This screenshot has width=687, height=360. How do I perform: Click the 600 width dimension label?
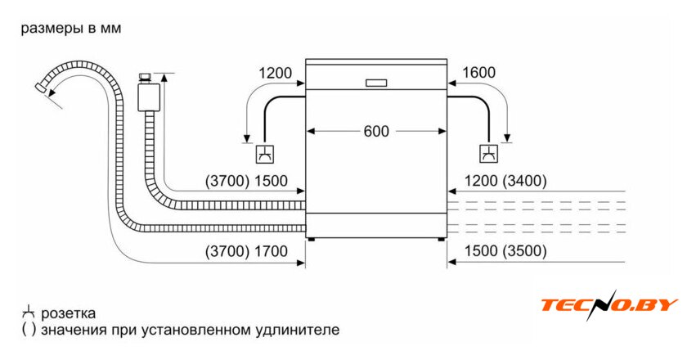[377, 131]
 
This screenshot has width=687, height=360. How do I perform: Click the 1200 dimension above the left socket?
[276, 73]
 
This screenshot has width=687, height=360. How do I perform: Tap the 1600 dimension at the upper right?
[478, 73]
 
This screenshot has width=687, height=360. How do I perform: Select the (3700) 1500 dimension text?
[245, 182]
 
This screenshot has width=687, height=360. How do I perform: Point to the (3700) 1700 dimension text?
[245, 251]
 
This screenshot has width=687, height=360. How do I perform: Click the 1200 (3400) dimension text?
[505, 182]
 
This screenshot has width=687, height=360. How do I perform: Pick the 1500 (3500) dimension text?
[505, 251]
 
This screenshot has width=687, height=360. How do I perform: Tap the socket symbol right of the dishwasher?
[488, 154]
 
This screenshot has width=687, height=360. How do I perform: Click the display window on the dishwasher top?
[376, 83]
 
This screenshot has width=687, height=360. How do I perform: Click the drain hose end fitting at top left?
[42, 86]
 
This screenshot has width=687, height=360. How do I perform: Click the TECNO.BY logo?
[608, 305]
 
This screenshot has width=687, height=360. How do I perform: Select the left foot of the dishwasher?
[312, 239]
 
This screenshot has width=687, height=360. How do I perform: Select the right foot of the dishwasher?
[442, 239]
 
